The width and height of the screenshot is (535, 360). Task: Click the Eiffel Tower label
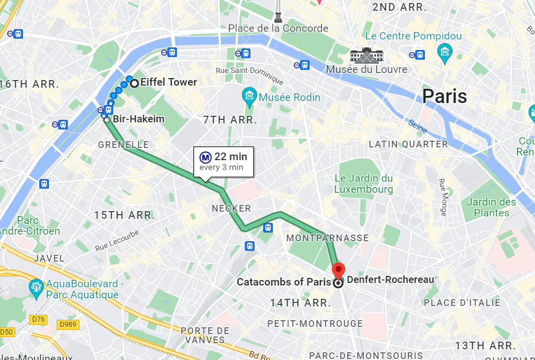168,83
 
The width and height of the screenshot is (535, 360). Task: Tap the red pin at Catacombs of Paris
338,270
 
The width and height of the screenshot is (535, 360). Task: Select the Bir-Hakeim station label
138,119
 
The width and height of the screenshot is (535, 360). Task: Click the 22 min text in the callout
231,157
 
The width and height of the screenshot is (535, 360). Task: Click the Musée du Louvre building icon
366,55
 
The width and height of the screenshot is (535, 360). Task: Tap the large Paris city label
444,96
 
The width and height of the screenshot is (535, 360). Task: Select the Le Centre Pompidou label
413,36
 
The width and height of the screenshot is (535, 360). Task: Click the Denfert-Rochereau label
390,279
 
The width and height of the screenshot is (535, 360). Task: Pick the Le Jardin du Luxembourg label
364,184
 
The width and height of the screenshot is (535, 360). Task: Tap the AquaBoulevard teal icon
36,286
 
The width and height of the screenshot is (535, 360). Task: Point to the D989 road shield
69,324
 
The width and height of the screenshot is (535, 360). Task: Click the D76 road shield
38,320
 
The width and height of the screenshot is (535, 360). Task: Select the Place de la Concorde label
278,29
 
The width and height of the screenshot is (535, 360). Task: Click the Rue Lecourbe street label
117,242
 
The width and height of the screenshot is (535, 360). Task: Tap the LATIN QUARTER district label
408,144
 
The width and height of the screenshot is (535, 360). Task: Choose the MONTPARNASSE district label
327,238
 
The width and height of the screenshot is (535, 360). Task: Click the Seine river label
417,126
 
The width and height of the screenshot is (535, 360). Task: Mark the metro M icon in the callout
206,157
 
